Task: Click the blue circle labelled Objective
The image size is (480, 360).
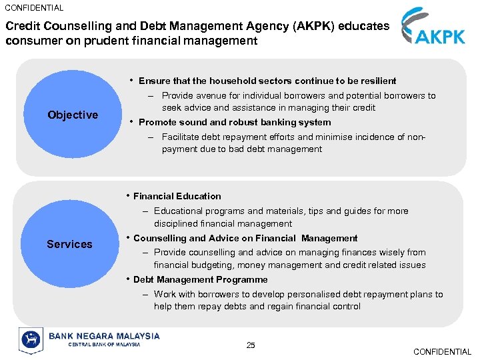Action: [x=73, y=115]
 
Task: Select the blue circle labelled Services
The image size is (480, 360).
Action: [x=69, y=244]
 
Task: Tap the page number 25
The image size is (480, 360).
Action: [x=251, y=345]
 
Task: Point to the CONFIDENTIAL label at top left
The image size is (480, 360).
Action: [x=34, y=8]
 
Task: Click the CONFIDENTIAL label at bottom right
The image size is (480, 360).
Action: [x=442, y=351]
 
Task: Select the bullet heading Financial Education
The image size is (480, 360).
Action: [x=177, y=196]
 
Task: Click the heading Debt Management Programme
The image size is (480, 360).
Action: [x=200, y=280]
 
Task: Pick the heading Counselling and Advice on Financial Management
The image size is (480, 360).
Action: [x=245, y=238]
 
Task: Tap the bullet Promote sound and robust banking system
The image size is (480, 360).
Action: [x=235, y=122]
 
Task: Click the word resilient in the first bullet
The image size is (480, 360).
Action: [x=377, y=81]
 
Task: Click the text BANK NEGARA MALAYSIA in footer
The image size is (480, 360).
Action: [x=104, y=336]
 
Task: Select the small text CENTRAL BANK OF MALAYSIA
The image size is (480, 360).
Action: [x=95, y=345]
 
